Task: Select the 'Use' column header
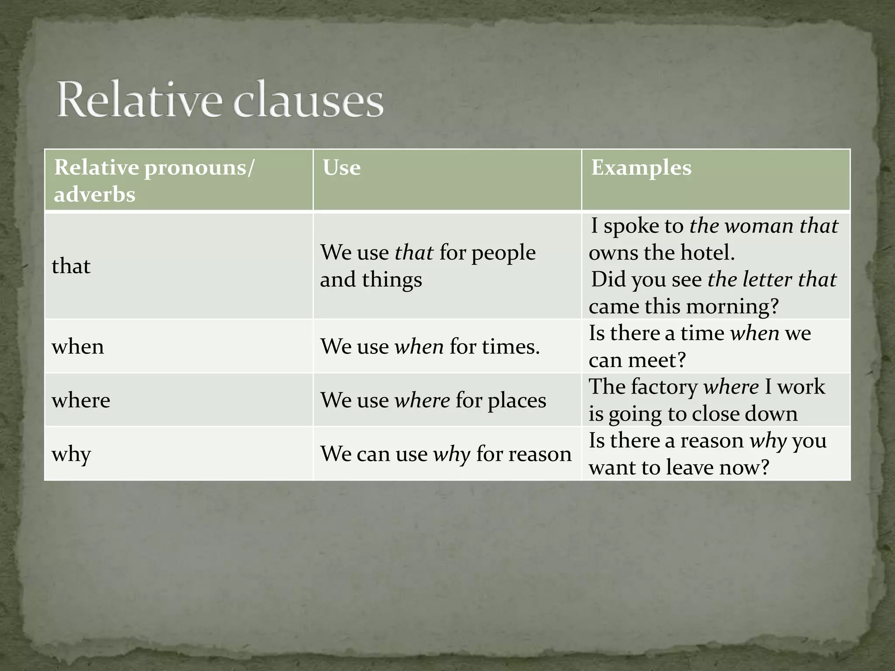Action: pyautogui.click(x=341, y=168)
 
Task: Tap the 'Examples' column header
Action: pyautogui.click(x=641, y=168)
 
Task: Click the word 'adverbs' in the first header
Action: pyautogui.click(x=94, y=194)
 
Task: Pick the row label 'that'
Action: pyautogui.click(x=71, y=266)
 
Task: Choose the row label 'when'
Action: pyautogui.click(x=78, y=346)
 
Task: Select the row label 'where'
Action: pyautogui.click(x=81, y=400)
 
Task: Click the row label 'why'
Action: pyautogui.click(x=71, y=454)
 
